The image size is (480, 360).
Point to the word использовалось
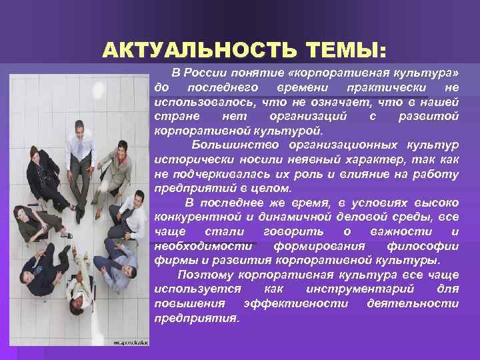point(194,102)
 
